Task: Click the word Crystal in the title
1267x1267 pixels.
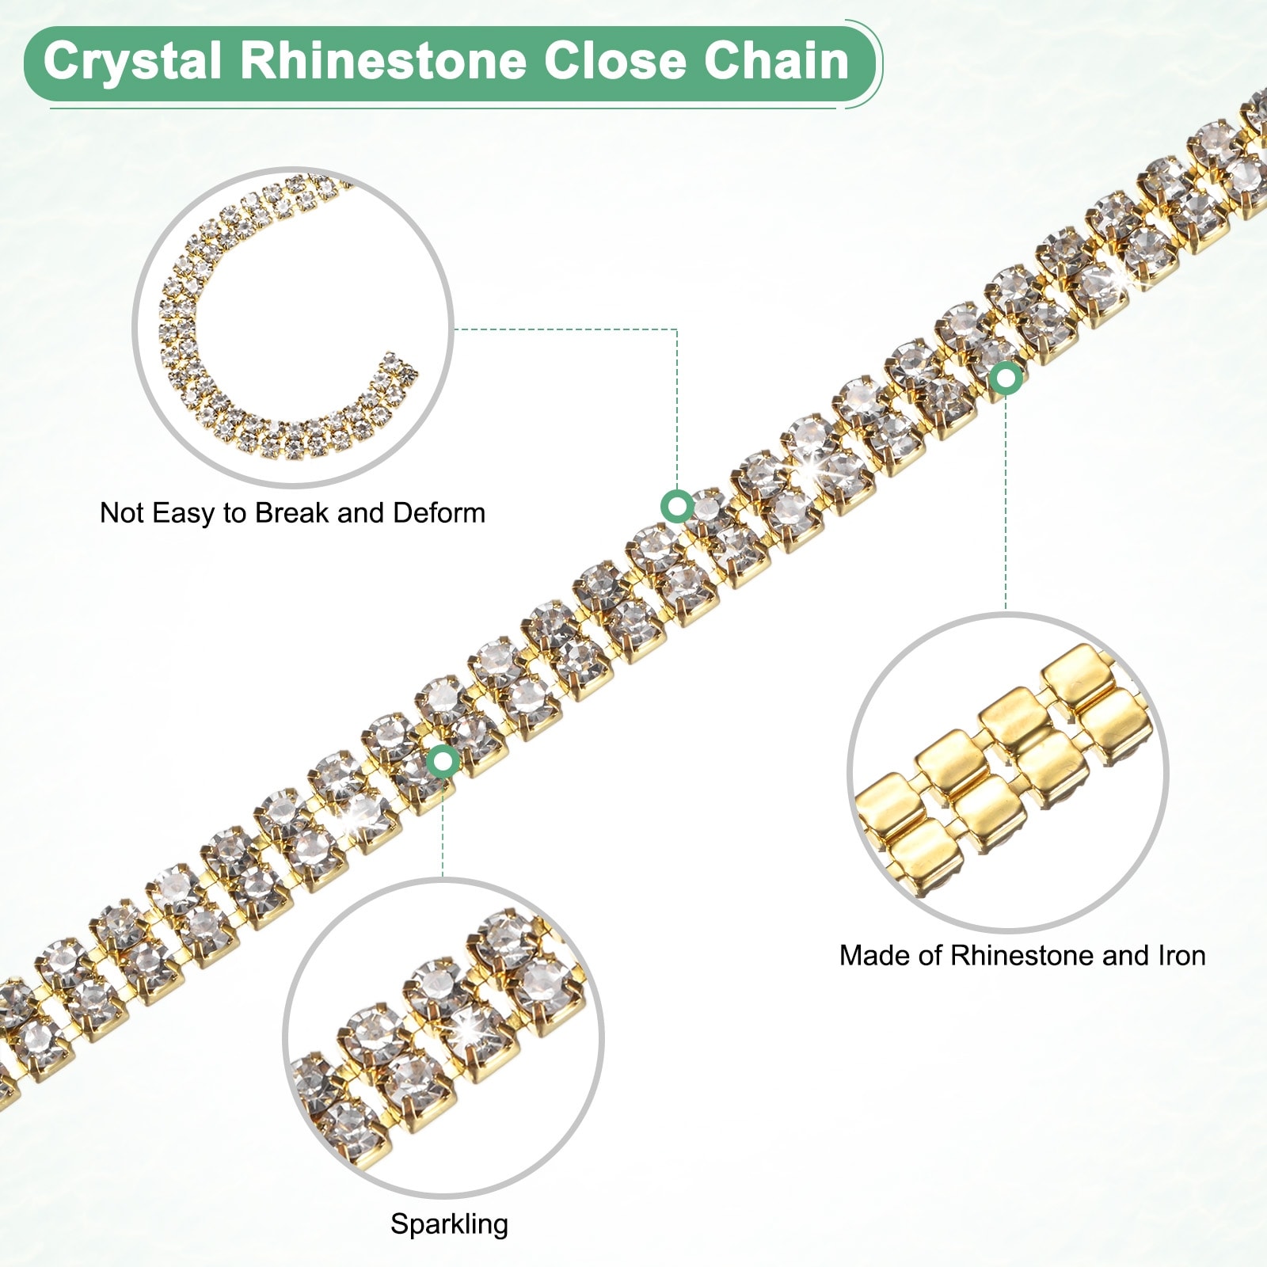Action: pos(131,62)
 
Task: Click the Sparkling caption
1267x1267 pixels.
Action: pos(449,1224)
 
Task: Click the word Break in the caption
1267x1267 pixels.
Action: pos(292,513)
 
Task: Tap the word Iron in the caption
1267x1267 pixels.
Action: pos(1181,956)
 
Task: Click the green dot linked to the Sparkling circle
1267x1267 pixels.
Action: pos(443,762)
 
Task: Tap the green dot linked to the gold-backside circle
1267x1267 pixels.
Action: pos(1006,379)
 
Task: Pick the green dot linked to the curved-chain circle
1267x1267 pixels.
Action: pos(677,506)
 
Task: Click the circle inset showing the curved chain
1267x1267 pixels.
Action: pos(293,326)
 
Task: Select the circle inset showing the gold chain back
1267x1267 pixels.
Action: pos(1007,771)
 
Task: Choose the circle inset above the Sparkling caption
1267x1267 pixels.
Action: pos(443,1037)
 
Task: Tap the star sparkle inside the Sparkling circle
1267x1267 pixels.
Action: pos(468,1029)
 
